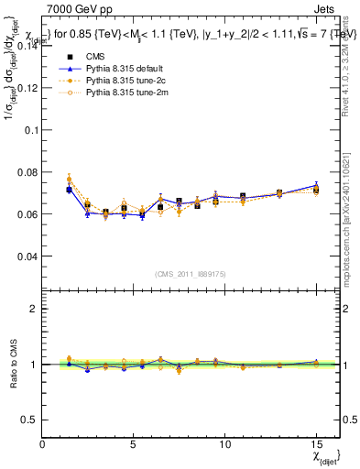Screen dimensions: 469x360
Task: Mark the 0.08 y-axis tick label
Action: click(27, 172)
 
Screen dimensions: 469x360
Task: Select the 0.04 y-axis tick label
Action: click(27, 256)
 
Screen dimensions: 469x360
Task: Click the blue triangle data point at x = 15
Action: click(316, 185)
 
